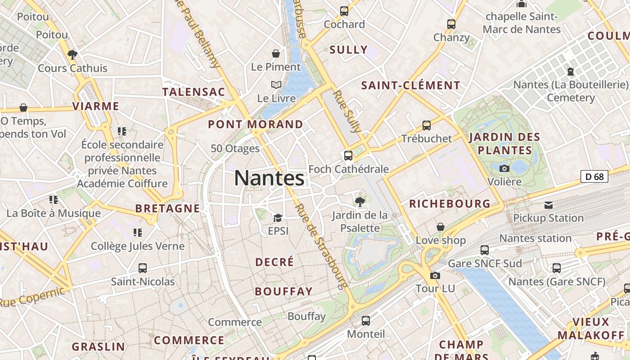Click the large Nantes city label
click(269, 178)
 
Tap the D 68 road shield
click(594, 177)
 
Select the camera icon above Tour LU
click(435, 275)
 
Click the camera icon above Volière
click(504, 168)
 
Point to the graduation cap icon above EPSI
click(278, 218)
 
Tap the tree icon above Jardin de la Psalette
click(360, 202)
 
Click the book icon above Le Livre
click(276, 85)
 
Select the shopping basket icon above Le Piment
click(276, 54)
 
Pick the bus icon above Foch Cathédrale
click(348, 156)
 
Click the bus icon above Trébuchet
click(426, 125)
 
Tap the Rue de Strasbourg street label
click(321, 246)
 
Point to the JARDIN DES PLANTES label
click(504, 144)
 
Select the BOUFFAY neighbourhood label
click(283, 292)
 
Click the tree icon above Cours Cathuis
click(72, 55)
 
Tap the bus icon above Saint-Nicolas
click(143, 268)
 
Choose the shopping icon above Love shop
click(441, 227)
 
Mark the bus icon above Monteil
click(366, 321)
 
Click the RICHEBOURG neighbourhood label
click(450, 204)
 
